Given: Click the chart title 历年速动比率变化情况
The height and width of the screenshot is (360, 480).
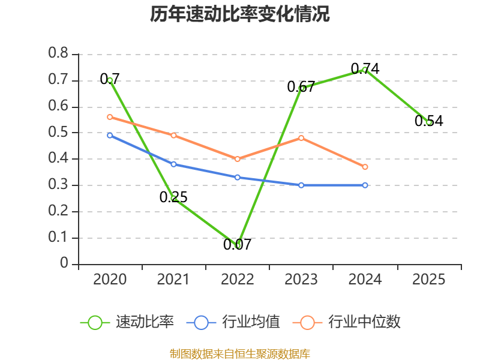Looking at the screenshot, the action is pyautogui.click(x=239, y=14).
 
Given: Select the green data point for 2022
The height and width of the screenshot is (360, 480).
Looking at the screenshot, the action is pyautogui.click(x=237, y=246).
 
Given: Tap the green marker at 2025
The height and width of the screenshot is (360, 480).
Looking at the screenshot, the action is pyautogui.click(x=429, y=122).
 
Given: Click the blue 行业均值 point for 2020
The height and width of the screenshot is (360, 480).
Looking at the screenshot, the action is pyautogui.click(x=110, y=136).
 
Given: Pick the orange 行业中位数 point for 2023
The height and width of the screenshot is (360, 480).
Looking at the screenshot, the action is pyautogui.click(x=301, y=138).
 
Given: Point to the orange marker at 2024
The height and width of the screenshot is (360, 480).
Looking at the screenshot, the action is pyautogui.click(x=365, y=167).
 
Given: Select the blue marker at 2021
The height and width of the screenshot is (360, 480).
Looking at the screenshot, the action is pyautogui.click(x=173, y=164).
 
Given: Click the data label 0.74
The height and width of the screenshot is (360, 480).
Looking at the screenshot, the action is pyautogui.click(x=365, y=68).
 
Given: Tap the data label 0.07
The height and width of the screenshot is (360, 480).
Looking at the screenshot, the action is pyautogui.click(x=237, y=244).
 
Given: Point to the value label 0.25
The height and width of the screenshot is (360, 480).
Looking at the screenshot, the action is pyautogui.click(x=173, y=197).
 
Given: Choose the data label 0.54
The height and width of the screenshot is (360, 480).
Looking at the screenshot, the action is pyautogui.click(x=428, y=121).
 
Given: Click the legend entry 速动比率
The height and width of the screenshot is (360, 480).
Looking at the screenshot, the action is pyautogui.click(x=127, y=322).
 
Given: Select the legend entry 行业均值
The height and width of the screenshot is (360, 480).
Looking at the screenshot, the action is pyautogui.click(x=233, y=322).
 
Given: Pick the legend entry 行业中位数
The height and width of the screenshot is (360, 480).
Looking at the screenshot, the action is pyautogui.click(x=347, y=322).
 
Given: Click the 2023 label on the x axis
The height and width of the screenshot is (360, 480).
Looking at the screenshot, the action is pyautogui.click(x=301, y=280).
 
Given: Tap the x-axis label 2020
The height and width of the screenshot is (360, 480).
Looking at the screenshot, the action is pyautogui.click(x=110, y=280).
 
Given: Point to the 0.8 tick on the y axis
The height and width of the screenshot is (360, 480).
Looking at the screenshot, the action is pyautogui.click(x=58, y=53).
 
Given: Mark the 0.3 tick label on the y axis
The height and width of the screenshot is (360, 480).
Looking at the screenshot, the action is pyautogui.click(x=58, y=184).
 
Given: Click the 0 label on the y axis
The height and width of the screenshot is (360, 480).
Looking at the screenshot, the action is pyautogui.click(x=64, y=263).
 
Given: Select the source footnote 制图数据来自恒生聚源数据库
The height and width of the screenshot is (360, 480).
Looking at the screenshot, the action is pyautogui.click(x=240, y=354).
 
